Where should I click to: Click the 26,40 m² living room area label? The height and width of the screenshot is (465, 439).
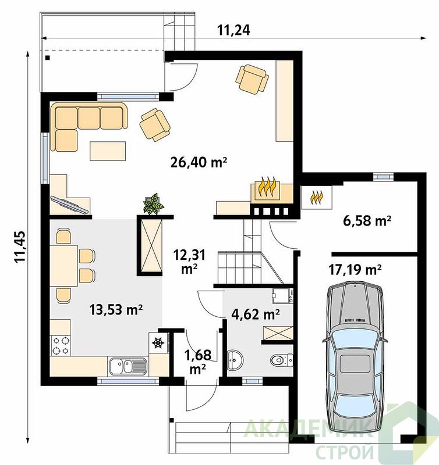pyautogui.click(x=199, y=162)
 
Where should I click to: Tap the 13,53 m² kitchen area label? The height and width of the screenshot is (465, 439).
pyautogui.click(x=116, y=310)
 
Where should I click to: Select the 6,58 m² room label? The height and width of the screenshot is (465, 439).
pyautogui.click(x=367, y=221)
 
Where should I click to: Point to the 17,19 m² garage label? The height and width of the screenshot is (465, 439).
pyautogui.click(x=355, y=270)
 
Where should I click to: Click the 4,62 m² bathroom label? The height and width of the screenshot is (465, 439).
pyautogui.click(x=256, y=314)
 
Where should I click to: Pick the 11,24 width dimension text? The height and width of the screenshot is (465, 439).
pyautogui.click(x=233, y=30)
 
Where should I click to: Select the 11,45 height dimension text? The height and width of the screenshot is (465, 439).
pyautogui.click(x=20, y=246)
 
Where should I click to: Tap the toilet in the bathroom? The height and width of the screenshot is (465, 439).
pyautogui.click(x=282, y=360)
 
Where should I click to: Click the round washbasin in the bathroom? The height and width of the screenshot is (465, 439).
pyautogui.click(x=235, y=360)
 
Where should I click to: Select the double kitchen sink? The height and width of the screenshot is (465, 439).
pyautogui.click(x=128, y=366)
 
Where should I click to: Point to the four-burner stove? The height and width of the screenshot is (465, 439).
pyautogui.click(x=61, y=346)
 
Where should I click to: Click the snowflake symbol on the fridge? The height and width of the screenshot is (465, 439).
pyautogui.click(x=158, y=343)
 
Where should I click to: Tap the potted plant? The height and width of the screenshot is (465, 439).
pyautogui.click(x=153, y=204)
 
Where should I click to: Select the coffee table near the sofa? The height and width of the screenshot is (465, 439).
pyautogui.click(x=108, y=151)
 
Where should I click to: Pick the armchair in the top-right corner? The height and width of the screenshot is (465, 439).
pyautogui.click(x=252, y=79)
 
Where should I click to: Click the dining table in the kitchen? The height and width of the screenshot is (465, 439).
pyautogui.click(x=64, y=266)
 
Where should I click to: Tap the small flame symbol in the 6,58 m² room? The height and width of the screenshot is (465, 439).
pyautogui.click(x=316, y=197)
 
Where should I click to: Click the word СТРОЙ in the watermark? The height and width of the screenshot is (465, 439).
pyautogui.click(x=345, y=452)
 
